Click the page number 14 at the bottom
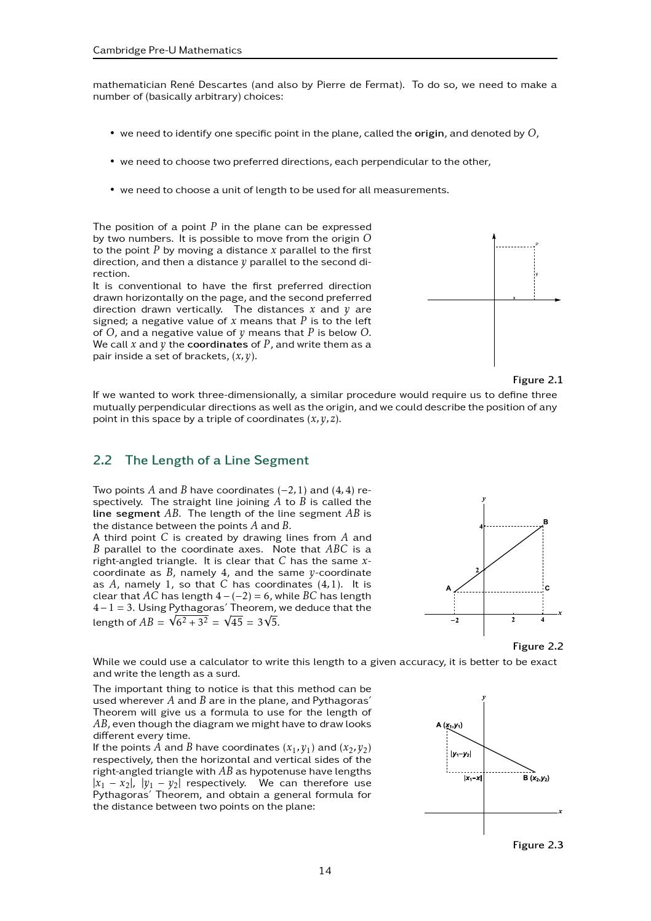pos(325,870)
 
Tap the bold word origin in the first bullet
pos(429,134)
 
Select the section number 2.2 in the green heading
pos(102,460)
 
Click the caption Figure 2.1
pos(537,380)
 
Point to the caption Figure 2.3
pos(537,845)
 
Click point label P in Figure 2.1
pos(537,244)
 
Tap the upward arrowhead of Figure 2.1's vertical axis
pos(494,237)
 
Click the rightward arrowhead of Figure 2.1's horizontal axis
pos(557,300)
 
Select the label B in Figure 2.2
pos(545,522)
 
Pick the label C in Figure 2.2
pos(547,588)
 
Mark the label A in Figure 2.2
pos(449,588)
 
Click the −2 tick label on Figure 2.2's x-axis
pos(454,620)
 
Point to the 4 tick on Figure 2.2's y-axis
pos(481,527)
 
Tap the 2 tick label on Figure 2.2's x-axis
pos(513,620)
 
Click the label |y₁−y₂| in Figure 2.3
pos(460,754)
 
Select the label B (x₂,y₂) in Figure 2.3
pos(536,778)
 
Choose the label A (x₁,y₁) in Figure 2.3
pos(449,725)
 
